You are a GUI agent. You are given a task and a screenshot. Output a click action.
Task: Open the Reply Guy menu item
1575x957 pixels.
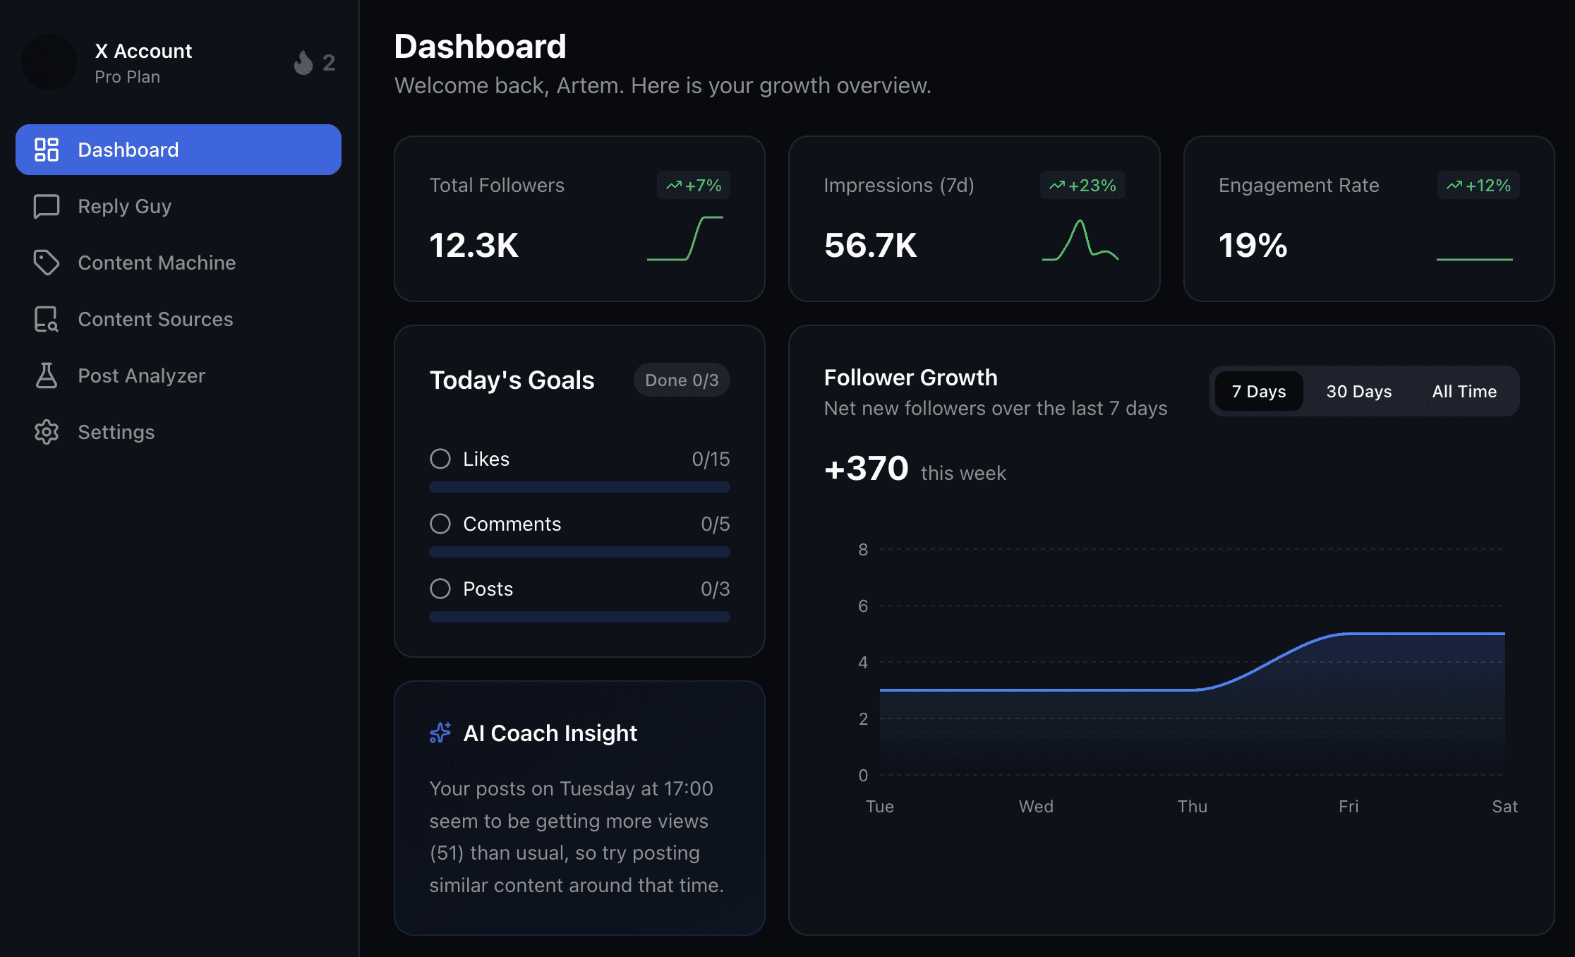point(124,206)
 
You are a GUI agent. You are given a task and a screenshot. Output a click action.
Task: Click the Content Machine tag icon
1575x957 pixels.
point(47,263)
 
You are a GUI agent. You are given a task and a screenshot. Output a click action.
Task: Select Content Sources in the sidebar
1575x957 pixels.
point(155,319)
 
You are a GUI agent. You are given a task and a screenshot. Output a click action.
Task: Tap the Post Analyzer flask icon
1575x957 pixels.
point(47,375)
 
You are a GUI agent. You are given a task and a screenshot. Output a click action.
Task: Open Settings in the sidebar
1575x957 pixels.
point(116,432)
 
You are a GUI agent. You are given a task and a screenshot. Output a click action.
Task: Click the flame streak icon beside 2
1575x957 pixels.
point(303,63)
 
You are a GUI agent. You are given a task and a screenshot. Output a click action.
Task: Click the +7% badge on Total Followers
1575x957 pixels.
point(694,186)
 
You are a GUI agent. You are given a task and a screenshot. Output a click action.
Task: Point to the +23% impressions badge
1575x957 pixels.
point(1082,186)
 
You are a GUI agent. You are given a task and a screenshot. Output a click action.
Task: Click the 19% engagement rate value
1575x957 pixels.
point(1253,246)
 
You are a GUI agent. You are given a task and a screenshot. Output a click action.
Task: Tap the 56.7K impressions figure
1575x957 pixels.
point(870,246)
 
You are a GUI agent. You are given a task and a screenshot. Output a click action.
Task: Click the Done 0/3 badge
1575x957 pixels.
point(682,380)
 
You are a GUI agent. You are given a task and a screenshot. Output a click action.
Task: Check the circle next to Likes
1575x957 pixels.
point(440,459)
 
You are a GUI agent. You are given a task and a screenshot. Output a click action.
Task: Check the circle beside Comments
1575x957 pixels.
point(440,524)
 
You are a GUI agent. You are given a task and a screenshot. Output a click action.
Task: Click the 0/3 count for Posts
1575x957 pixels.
point(715,589)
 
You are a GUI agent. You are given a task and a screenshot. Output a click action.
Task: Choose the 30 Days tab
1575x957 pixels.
point(1358,392)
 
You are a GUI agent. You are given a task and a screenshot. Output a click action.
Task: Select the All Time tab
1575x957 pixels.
point(1464,392)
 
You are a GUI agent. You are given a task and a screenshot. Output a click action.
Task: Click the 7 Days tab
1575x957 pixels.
point(1259,392)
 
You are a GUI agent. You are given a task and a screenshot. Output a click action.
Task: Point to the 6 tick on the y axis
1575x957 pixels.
point(862,606)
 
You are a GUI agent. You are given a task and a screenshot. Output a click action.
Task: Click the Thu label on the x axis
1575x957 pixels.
point(1192,806)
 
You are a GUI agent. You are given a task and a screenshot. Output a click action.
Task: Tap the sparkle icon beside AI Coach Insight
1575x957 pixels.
point(440,733)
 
